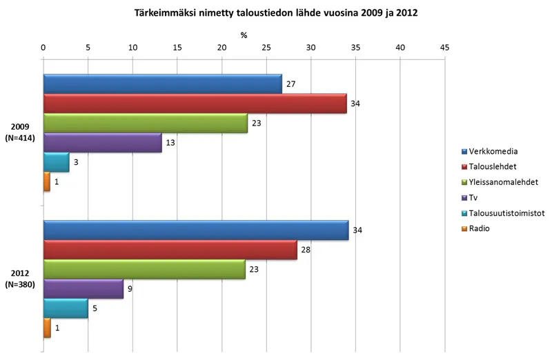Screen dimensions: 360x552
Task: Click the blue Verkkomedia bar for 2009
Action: pyautogui.click(x=162, y=83)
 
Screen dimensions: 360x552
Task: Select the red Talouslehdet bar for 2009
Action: pyautogui.click(x=195, y=103)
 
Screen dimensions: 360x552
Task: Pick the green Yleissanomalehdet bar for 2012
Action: pyautogui.click(x=144, y=270)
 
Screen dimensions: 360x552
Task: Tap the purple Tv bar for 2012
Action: pyautogui.click(x=83, y=290)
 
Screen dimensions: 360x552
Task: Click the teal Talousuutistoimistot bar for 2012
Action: pyautogui.click(x=66, y=309)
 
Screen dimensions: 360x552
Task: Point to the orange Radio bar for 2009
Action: pyautogui.click(x=47, y=182)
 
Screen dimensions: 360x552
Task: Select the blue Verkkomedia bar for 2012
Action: pyautogui.click(x=196, y=231)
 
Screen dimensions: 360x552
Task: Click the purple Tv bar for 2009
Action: pyautogui.click(x=102, y=143)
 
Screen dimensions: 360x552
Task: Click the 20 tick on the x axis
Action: pyautogui.click(x=221, y=47)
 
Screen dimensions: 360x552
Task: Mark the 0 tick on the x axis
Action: pyautogui.click(x=43, y=47)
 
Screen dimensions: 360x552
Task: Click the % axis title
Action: pyautogui.click(x=244, y=34)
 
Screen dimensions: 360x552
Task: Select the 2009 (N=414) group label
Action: pyautogui.click(x=21, y=132)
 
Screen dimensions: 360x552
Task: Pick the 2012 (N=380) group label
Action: pyautogui.click(x=21, y=279)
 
